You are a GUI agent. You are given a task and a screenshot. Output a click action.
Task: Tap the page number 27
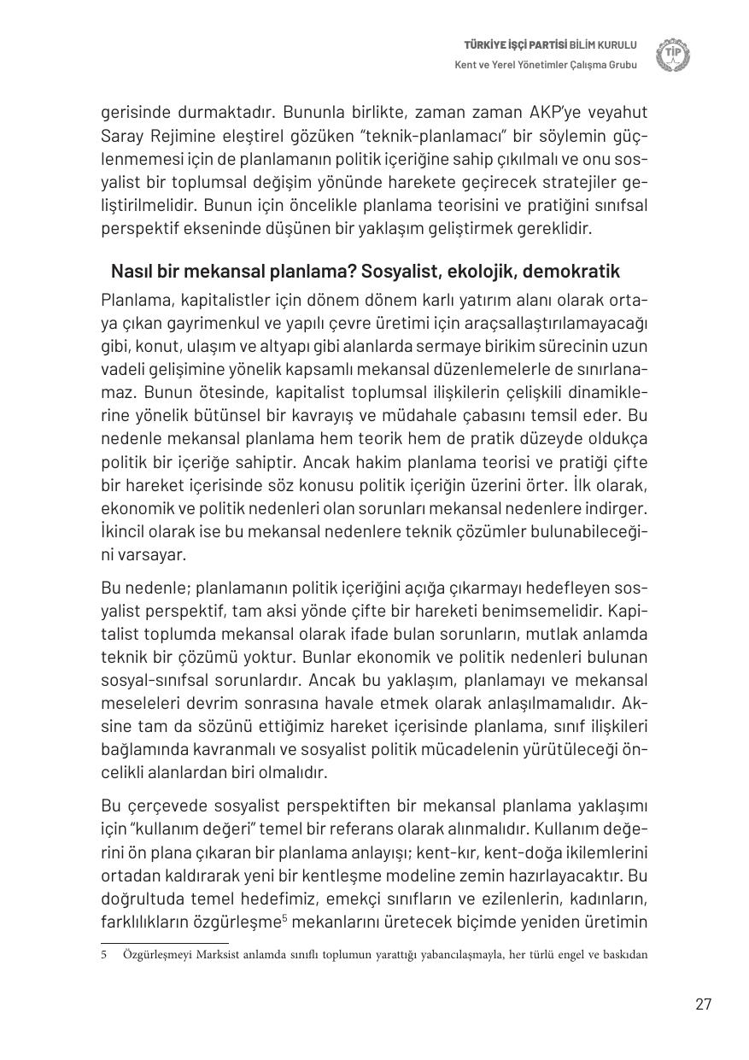coord(703,1004)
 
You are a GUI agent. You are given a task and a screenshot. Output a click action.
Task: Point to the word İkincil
coord(126,531)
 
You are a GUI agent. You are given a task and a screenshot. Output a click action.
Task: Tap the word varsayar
coord(149,554)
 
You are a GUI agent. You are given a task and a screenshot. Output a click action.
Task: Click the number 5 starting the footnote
coord(104,954)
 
